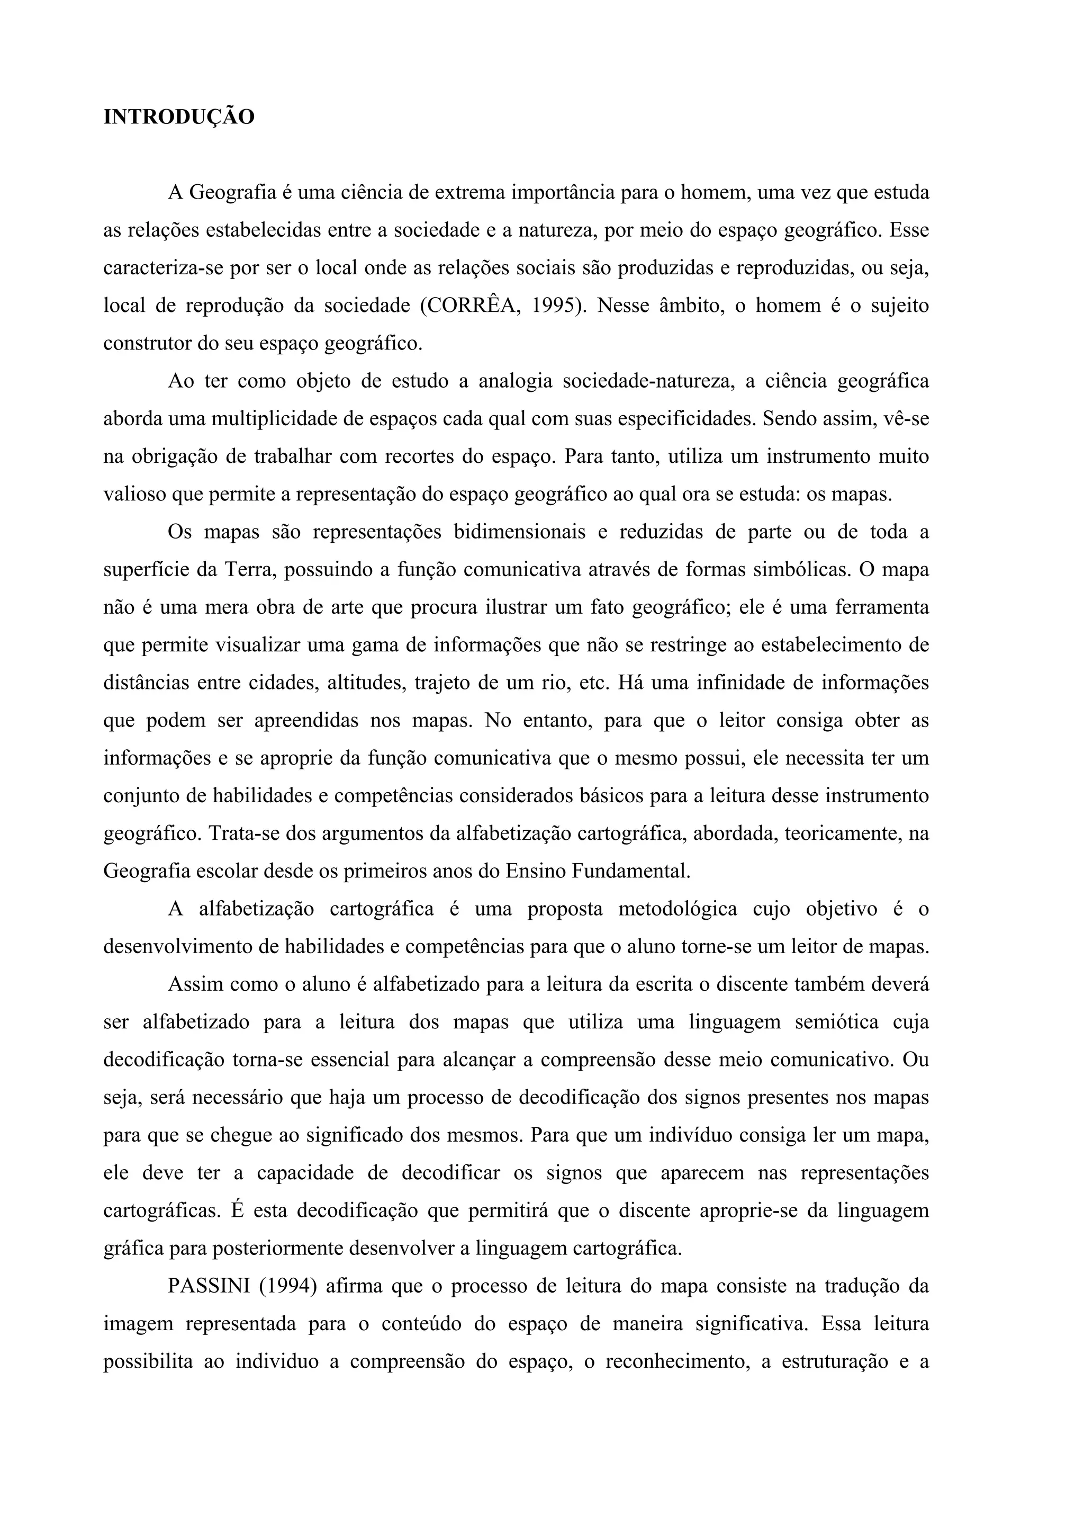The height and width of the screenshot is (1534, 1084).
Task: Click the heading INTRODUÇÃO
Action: coord(179,118)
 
